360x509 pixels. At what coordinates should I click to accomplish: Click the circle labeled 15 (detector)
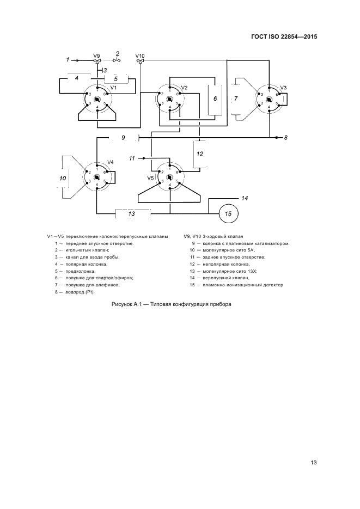pyautogui.click(x=228, y=213)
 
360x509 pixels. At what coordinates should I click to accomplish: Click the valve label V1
pyautogui.click(x=114, y=88)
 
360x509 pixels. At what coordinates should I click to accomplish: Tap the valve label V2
pyautogui.click(x=184, y=88)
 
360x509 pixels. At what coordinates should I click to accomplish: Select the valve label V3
pyautogui.click(x=283, y=88)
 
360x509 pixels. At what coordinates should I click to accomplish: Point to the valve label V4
pyautogui.click(x=111, y=162)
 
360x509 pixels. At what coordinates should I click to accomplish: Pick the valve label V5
pyautogui.click(x=151, y=177)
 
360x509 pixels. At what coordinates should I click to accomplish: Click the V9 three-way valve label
pyautogui.click(x=96, y=56)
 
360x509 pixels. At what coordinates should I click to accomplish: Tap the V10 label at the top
pyautogui.click(x=140, y=56)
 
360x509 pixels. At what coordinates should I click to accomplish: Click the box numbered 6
pyautogui.click(x=215, y=99)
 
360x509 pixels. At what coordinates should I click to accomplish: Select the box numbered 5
pyautogui.click(x=115, y=78)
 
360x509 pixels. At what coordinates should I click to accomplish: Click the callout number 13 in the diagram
pyautogui.click(x=131, y=214)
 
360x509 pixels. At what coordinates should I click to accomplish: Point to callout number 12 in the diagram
pyautogui.click(x=200, y=154)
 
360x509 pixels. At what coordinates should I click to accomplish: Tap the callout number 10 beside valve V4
pyautogui.click(x=63, y=178)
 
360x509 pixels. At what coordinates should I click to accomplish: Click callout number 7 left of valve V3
pyautogui.click(x=236, y=99)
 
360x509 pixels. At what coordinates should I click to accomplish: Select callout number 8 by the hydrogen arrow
pyautogui.click(x=285, y=138)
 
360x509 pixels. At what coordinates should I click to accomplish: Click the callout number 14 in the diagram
pyautogui.click(x=245, y=198)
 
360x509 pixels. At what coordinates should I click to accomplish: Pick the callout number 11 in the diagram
pyautogui.click(x=131, y=158)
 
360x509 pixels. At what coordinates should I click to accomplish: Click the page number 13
pyautogui.click(x=313, y=463)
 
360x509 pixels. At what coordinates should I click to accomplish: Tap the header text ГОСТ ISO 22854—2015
pyautogui.click(x=284, y=37)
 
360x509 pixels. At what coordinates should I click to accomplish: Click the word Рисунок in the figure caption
pyautogui.click(x=123, y=304)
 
